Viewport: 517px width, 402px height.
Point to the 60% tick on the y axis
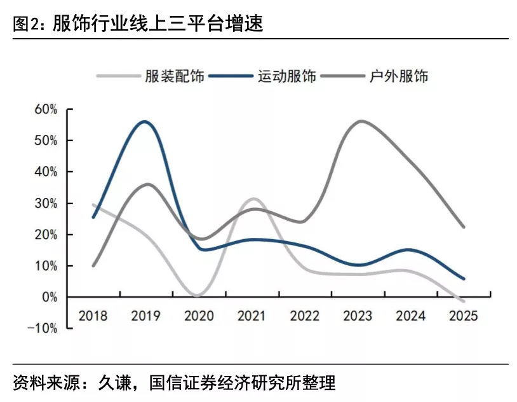pyautogui.click(x=46, y=109)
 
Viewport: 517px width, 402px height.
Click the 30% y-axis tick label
pyautogui.click(x=46, y=204)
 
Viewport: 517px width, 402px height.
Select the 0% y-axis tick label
pyautogui.click(x=49, y=297)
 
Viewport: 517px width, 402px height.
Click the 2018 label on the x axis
pyautogui.click(x=93, y=315)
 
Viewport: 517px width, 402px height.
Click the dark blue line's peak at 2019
pyautogui.click(x=145, y=121)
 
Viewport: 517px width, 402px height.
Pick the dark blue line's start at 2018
pyautogui.click(x=93, y=218)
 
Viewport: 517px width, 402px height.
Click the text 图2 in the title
pyautogui.click(x=23, y=25)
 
